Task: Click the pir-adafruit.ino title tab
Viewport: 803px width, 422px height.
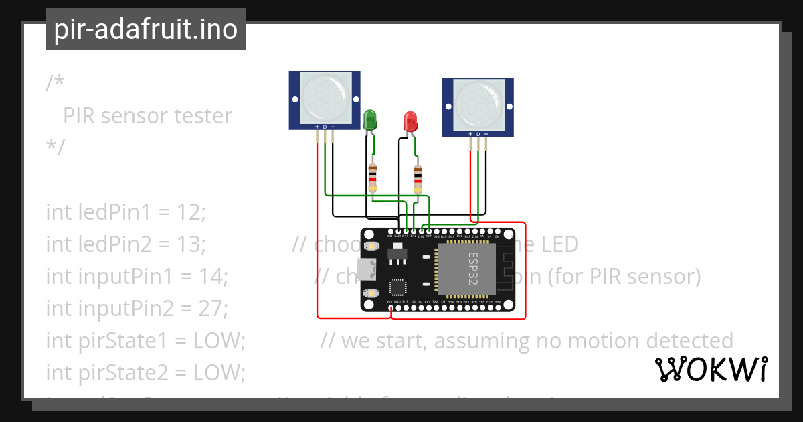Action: [x=145, y=29]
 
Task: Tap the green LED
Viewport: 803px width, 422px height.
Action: [x=370, y=121]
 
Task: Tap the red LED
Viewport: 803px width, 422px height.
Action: [x=410, y=122]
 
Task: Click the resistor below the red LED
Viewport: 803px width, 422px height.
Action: [x=418, y=180]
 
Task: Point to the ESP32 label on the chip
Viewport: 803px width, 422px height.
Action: [x=472, y=268]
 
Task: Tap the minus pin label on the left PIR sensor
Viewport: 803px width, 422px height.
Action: [x=333, y=127]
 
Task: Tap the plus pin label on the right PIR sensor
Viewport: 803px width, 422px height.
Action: [x=470, y=133]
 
